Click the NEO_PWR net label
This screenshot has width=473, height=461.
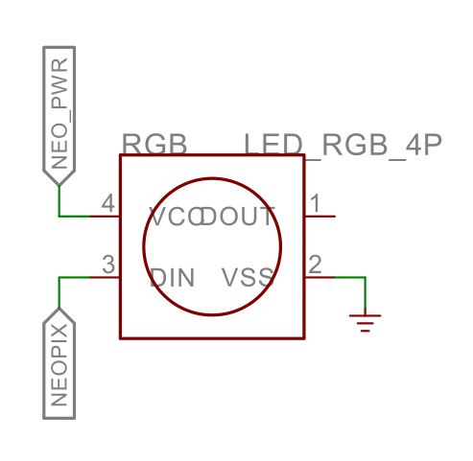(59, 116)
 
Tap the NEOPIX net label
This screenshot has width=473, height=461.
(59, 363)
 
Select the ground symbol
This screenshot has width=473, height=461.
(365, 323)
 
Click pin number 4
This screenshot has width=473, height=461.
(108, 203)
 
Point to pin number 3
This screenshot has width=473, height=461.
(108, 265)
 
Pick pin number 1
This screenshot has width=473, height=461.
(316, 203)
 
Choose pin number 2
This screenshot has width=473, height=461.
(315, 265)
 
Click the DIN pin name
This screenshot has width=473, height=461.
(172, 278)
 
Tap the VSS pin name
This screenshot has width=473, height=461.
(248, 277)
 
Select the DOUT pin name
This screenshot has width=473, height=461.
(237, 217)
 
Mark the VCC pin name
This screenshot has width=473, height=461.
(176, 217)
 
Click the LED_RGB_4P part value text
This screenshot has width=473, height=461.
(343, 146)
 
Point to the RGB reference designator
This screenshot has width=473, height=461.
(154, 144)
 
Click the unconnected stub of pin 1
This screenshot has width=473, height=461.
(319, 217)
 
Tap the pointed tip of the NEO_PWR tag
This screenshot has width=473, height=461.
(59, 185)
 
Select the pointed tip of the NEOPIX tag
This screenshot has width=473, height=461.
(59, 309)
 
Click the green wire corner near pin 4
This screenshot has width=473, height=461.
(59, 217)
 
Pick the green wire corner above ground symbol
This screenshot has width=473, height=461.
(365, 277)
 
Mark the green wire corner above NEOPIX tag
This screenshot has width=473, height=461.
(59, 277)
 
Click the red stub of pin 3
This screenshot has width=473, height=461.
(106, 277)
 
